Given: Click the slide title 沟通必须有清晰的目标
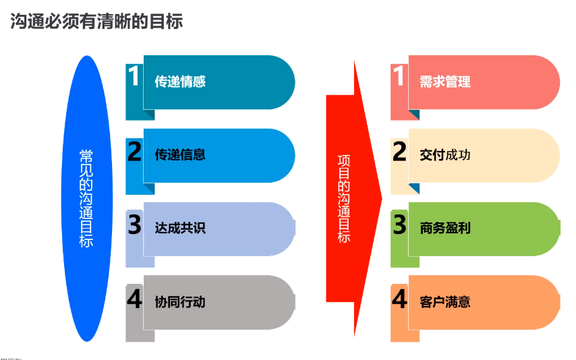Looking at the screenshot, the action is [96, 21].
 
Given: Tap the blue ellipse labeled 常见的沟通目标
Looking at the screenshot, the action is [87, 198].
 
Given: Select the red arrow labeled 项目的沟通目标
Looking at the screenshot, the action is [353, 198].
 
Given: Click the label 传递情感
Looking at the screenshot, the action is [180, 82].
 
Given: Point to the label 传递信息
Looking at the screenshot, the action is [180, 154].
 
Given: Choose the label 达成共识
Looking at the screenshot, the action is [180, 228].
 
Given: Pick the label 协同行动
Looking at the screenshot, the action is [180, 302].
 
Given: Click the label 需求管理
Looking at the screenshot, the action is [445, 82].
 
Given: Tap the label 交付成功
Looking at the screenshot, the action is [445, 154].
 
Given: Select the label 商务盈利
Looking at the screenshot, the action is [445, 228].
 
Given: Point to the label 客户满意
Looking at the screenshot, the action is [445, 302].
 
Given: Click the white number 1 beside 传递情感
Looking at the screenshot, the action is [134, 76].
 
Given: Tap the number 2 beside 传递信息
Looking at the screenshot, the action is [134, 151].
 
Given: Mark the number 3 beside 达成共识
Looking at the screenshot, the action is [134, 224].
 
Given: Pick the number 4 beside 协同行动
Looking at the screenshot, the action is [134, 299].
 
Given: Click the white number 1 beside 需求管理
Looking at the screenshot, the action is [399, 76].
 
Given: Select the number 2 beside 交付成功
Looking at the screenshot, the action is [399, 151].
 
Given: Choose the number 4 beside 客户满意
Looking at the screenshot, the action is [399, 299].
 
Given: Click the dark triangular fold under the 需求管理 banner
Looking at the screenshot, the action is [415, 113].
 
